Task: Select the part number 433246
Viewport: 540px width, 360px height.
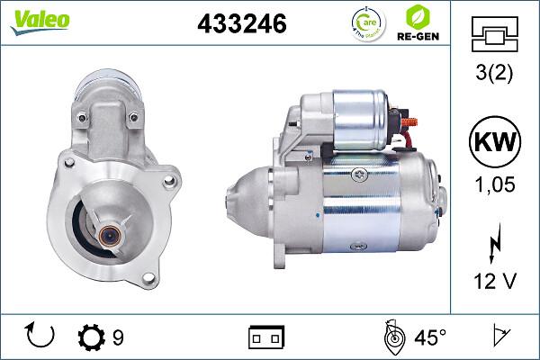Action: (x=241, y=24)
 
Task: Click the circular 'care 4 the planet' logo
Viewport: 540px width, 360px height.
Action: (x=365, y=23)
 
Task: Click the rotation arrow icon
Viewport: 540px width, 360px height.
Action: (x=42, y=337)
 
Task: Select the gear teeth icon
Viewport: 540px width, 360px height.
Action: (x=92, y=337)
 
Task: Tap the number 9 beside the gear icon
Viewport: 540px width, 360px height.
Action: (x=118, y=337)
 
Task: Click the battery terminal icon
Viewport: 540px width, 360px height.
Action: (x=265, y=337)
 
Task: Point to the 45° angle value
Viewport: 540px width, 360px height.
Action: (x=430, y=337)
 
